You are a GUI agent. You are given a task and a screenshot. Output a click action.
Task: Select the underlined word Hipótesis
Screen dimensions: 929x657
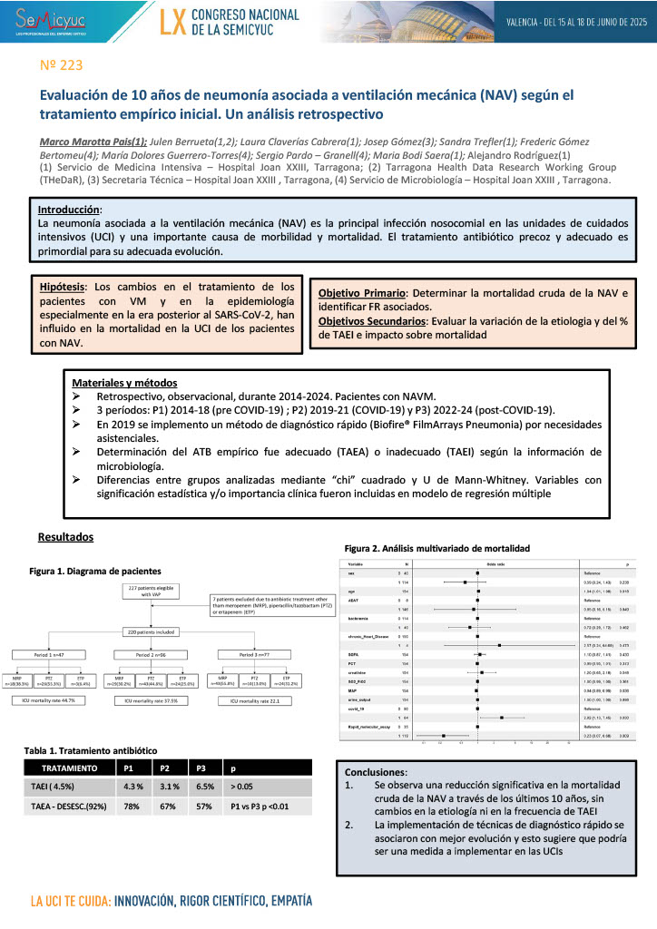click(63, 286)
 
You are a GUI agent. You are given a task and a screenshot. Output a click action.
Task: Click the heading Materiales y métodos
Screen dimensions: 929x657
click(124, 383)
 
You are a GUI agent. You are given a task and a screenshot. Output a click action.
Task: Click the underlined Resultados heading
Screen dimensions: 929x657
click(65, 537)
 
